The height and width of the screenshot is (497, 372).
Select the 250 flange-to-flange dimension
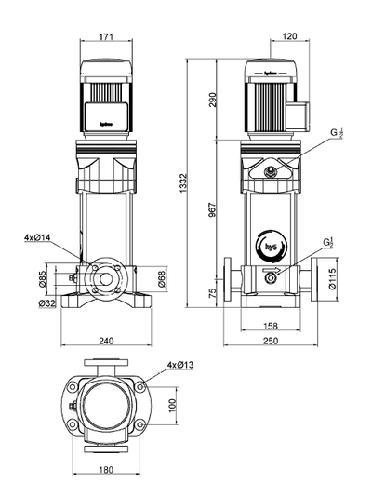tap(270, 342)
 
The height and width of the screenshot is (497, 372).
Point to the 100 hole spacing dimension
tap(170, 407)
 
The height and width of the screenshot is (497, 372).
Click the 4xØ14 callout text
tap(38, 238)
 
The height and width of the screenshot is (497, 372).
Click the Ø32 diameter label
tap(43, 303)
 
